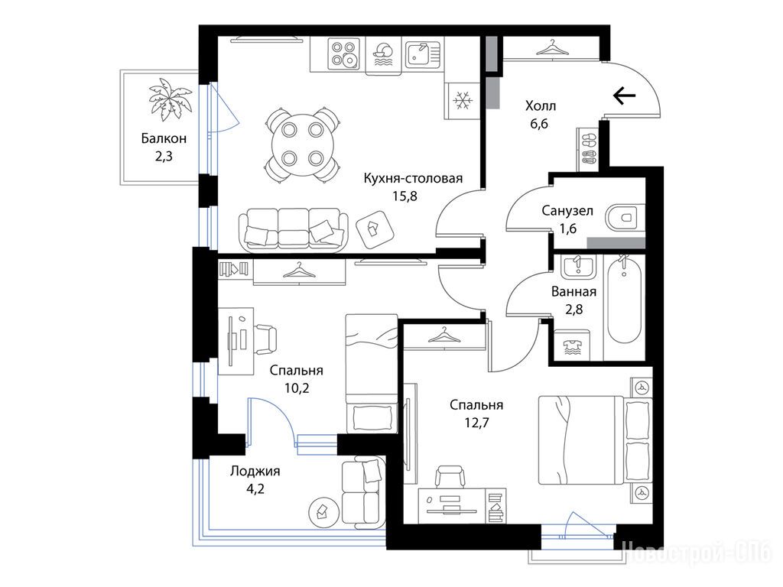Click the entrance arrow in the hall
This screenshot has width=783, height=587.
coord(624,95)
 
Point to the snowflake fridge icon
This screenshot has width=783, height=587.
coord(463,101)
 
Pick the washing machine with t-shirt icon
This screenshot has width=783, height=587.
coord(572,345)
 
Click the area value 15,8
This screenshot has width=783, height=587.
coord(404,196)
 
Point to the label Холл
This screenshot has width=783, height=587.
coord(541,105)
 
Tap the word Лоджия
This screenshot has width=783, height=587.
coord(255,471)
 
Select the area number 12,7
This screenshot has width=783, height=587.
coord(477,423)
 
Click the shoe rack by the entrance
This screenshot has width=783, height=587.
coord(589,149)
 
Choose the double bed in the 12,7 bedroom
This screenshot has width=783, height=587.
coord(595,439)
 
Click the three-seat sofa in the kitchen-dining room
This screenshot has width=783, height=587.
coord(294,229)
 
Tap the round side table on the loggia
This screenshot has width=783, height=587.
coord(321,511)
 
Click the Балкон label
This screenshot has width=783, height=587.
coord(164,138)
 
